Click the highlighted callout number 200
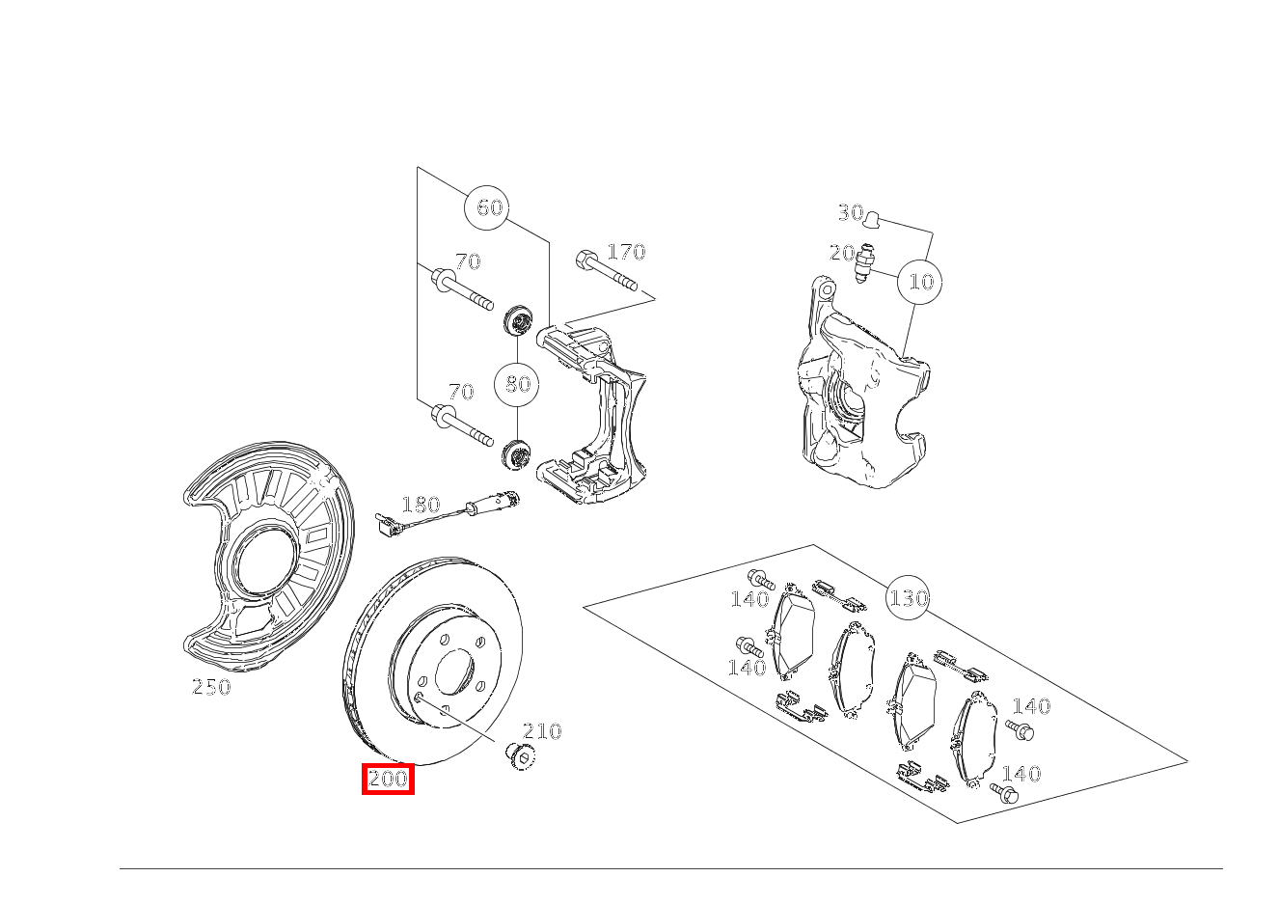point(388,779)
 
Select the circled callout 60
point(490,207)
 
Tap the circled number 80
point(518,384)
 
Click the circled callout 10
point(921,282)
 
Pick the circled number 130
point(908,598)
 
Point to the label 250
point(211,687)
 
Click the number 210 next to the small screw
point(542,731)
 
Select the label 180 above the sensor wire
point(421,505)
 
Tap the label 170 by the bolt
point(626,252)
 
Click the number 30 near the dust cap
point(850,212)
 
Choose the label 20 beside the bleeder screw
point(842,253)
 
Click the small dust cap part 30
point(872,219)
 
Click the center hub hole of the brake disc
point(454,673)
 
